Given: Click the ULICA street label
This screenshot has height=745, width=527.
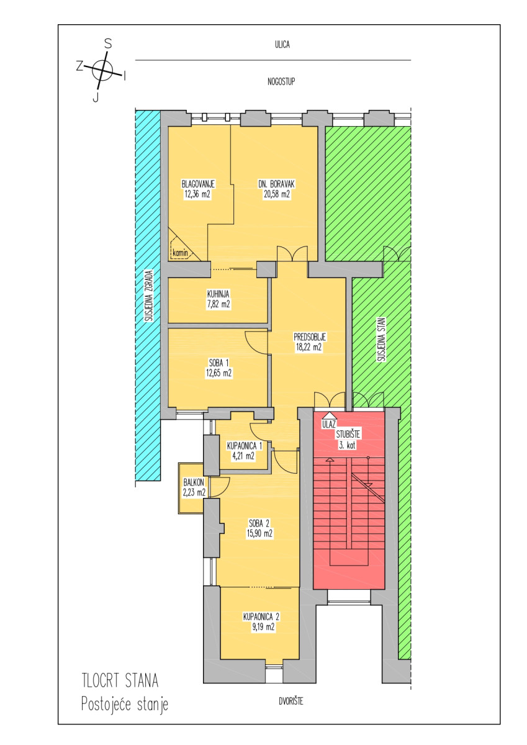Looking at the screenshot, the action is coord(282,45).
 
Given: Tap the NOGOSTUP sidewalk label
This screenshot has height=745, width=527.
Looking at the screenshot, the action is coord(281,82).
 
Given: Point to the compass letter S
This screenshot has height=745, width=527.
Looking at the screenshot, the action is coord(108,43).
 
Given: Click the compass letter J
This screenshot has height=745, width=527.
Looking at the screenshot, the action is coord(96,97).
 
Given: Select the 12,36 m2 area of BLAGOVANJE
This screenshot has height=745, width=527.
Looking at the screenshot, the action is coord(197,194).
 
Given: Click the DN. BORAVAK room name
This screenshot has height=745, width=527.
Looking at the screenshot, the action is coord(276,184).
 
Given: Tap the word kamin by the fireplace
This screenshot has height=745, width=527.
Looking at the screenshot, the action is coord(181,253).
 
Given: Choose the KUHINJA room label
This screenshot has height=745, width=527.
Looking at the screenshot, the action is coord(218,294).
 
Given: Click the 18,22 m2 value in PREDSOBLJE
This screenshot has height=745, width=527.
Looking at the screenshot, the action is coord(309,348).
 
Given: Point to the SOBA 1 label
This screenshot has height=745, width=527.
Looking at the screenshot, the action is coord(218,363).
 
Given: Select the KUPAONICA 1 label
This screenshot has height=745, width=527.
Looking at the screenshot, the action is coord(245,446).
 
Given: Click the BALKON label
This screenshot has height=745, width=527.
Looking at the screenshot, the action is coord(194,482).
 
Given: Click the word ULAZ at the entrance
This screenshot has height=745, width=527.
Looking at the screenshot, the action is coord(329,425).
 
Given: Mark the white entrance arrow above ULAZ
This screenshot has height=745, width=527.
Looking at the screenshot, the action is coord(330,415).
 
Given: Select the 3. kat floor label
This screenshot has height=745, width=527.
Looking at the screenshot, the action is coord(347,445).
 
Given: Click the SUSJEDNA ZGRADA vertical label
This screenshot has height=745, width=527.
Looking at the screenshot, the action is coord(148,296).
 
